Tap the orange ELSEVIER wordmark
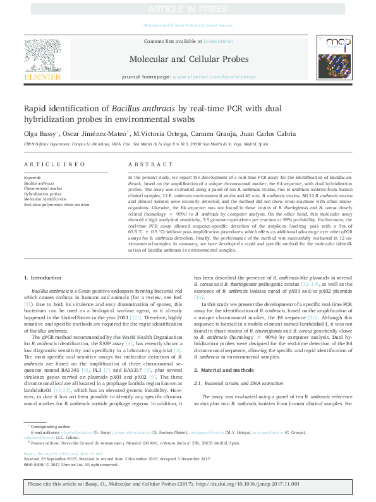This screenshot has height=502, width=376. point(42,77)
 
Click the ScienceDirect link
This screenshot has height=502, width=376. point(217,41)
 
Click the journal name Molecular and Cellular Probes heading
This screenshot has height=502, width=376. point(187,59)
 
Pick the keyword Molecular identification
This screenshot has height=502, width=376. point(45,199)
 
